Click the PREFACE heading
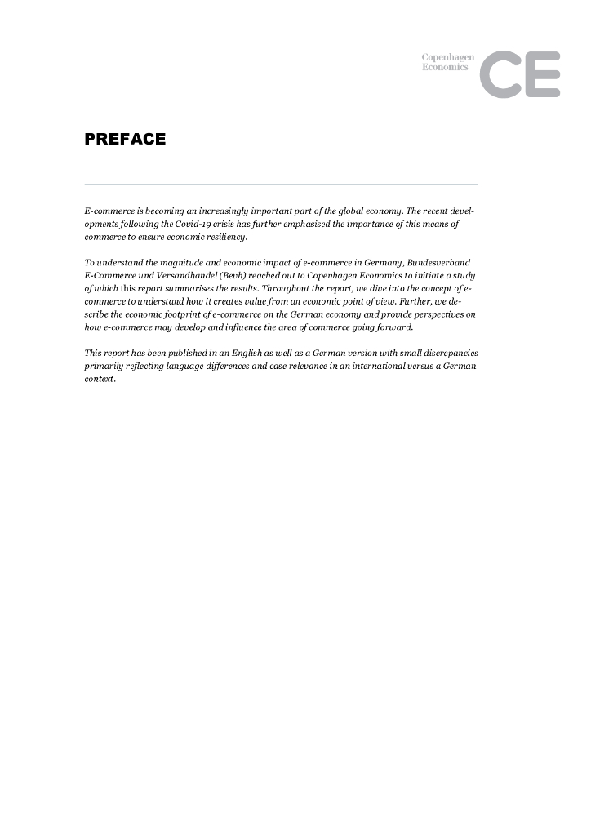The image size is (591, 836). point(125,140)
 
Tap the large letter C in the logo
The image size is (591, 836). point(499,74)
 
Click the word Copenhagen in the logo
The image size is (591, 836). point(447,57)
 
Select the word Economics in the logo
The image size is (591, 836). point(445,67)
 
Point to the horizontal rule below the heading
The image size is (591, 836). point(281,185)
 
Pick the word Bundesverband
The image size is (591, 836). point(444,263)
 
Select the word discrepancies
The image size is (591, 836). point(448,353)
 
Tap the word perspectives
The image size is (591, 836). point(440,314)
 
